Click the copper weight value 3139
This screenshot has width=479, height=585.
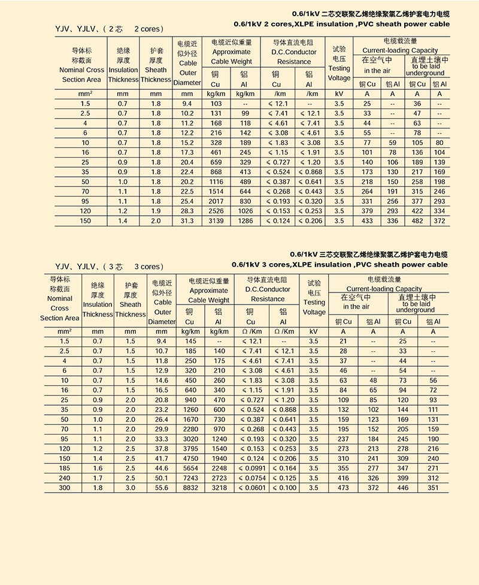[216, 221]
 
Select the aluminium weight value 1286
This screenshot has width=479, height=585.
[245, 221]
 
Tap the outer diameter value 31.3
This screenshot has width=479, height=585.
[187, 221]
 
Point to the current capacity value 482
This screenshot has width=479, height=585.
[417, 221]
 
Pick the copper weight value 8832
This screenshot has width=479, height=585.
[191, 488]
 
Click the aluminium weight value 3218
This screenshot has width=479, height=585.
[220, 488]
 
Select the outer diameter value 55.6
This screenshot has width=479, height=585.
[162, 488]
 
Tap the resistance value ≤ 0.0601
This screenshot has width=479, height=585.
[251, 488]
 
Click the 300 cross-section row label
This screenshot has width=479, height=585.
[65, 488]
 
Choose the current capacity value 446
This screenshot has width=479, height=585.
[402, 488]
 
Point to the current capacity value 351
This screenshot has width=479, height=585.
[433, 488]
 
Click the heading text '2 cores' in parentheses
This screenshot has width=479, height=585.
[148, 29]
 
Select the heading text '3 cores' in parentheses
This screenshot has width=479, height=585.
[148, 266]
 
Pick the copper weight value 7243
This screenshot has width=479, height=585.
[191, 478]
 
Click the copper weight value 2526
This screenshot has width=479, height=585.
[216, 211]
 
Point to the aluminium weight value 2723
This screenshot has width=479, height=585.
[220, 478]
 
